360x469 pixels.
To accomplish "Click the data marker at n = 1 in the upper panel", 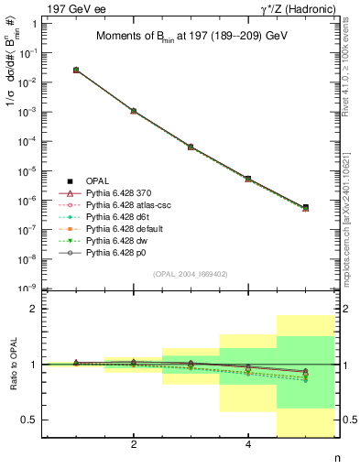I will click(x=76, y=70).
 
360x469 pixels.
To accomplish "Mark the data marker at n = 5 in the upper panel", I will click(x=305, y=207).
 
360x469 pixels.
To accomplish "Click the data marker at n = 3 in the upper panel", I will click(x=191, y=147).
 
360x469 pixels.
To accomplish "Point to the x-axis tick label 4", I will click(x=248, y=445).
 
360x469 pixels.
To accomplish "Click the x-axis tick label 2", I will click(x=134, y=445).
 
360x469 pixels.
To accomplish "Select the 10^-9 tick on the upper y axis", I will click(x=28, y=289).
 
